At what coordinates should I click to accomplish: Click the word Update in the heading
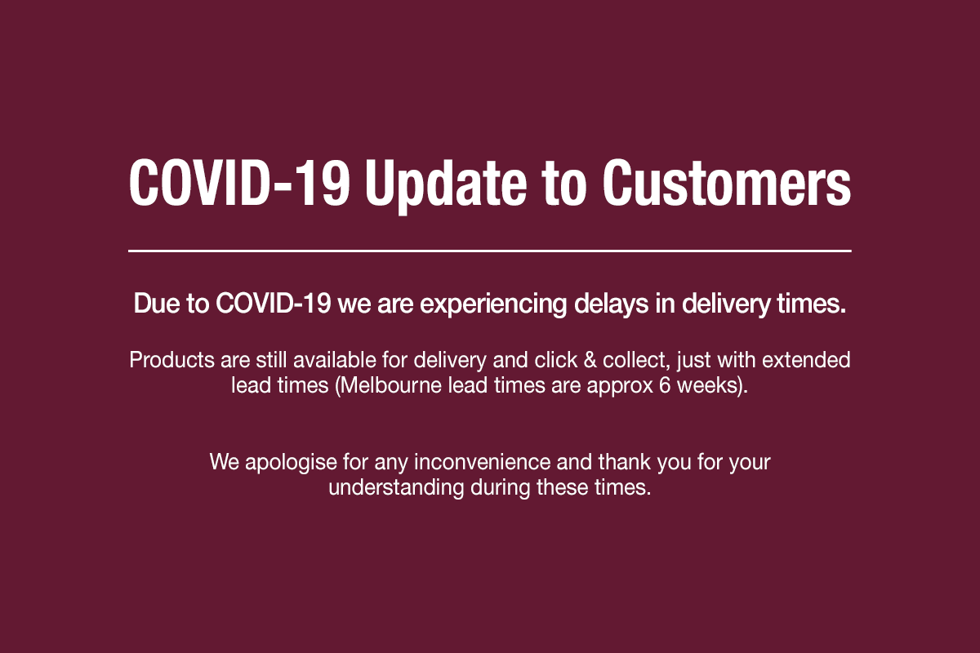click(446, 184)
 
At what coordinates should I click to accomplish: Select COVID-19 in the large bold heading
click(239, 182)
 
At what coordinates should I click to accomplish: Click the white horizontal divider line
click(489, 251)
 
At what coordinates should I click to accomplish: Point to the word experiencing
click(493, 304)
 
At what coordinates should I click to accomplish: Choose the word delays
click(611, 304)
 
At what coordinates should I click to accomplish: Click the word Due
click(156, 303)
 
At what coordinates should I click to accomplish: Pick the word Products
click(172, 361)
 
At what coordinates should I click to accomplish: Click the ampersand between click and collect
click(590, 361)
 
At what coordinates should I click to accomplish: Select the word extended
click(806, 361)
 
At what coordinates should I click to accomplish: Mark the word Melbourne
click(390, 386)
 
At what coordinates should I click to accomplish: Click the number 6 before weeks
click(665, 386)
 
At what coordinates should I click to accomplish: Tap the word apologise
click(291, 463)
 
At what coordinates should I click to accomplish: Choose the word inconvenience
click(482, 462)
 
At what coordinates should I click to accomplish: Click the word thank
click(625, 462)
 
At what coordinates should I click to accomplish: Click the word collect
click(636, 361)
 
